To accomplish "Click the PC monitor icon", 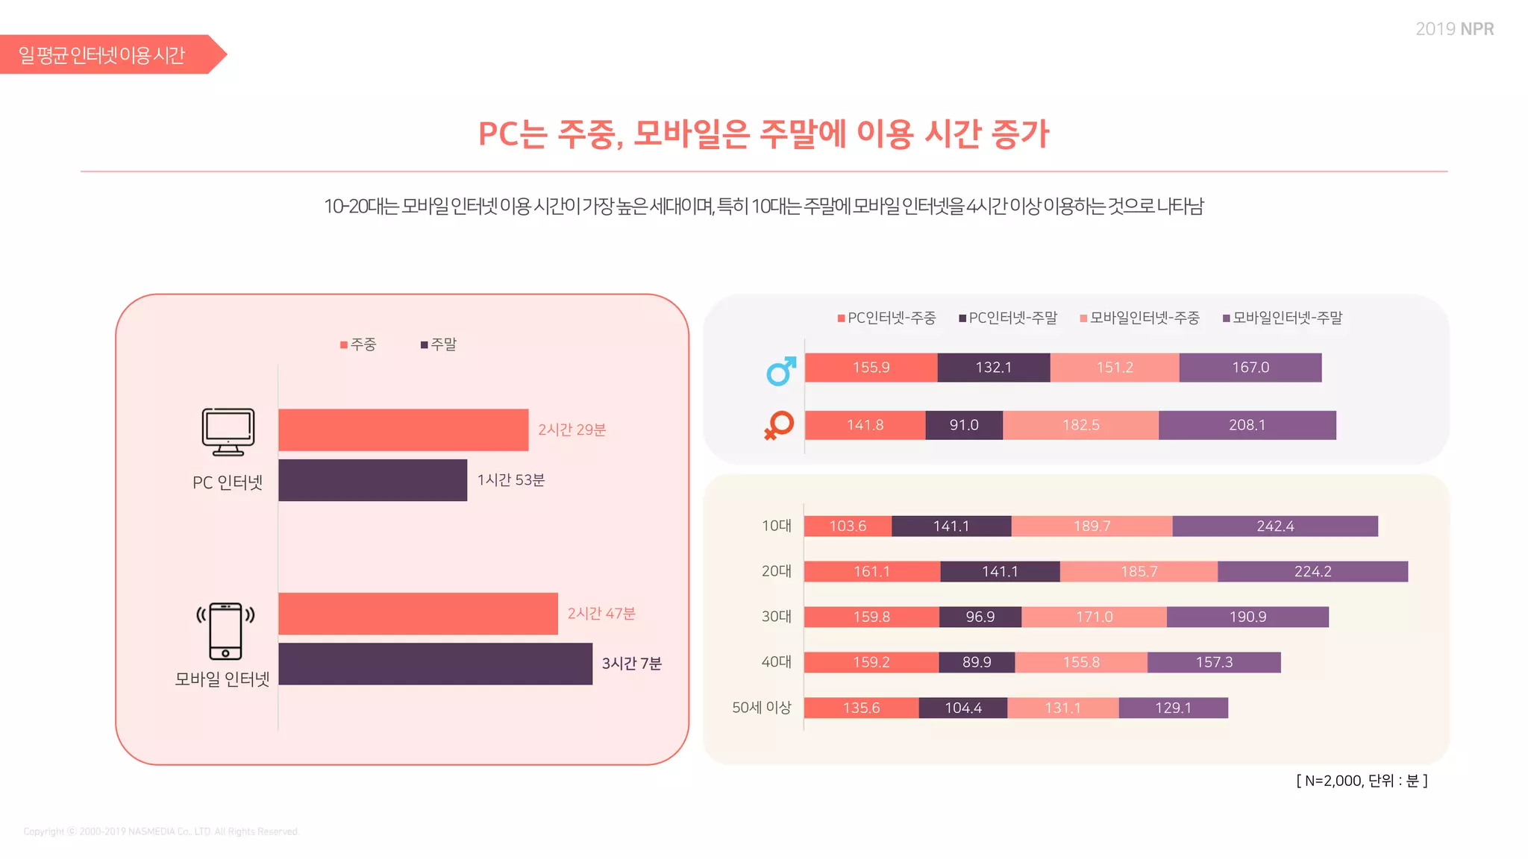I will coord(228,432).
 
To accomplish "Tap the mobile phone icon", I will coord(225,631).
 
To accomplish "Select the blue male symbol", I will coord(780,371).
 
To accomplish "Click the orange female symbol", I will coord(779,425).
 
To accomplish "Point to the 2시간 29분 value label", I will coord(572,430).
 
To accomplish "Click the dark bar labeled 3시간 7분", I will coord(435,664).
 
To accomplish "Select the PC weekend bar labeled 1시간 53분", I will coord(372,480).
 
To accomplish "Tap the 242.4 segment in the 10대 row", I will coord(1274,526).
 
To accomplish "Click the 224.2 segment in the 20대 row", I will coord(1312,572).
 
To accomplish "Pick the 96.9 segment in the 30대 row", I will coord(980,617).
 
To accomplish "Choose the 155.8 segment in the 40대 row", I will coord(1080,662).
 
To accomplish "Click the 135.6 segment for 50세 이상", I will coord(861,708).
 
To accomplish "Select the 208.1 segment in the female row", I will coord(1247,425).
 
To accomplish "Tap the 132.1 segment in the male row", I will coord(993,368).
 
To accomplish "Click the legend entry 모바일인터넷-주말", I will coord(1283,318).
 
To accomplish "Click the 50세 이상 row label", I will coord(761,708).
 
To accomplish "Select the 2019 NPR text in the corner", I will coord(1454,29).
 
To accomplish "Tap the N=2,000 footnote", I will coord(1362,781).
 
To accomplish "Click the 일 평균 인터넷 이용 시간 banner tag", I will coord(102,55).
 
